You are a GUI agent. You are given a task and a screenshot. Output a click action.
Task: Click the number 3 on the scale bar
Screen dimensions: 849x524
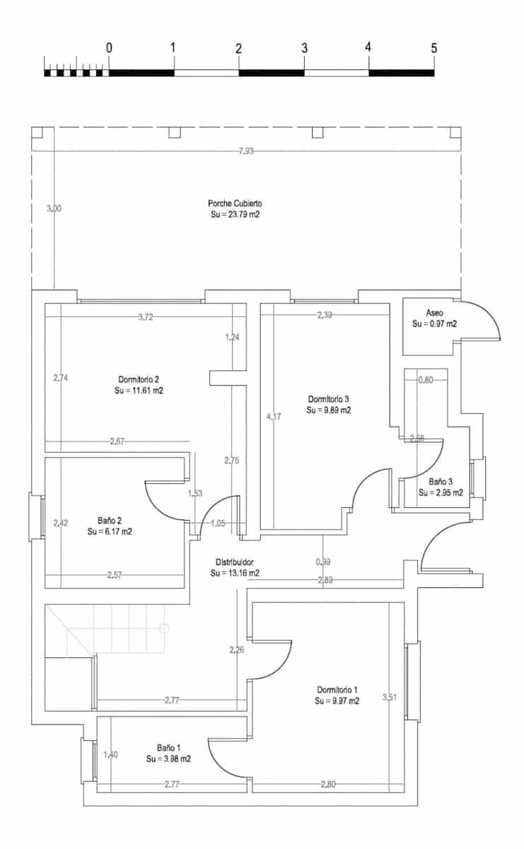coord(304,49)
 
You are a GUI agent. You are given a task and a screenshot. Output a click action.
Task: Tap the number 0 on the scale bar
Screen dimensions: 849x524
coord(109,49)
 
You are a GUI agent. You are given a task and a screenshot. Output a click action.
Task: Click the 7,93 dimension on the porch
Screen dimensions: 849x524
coord(245,151)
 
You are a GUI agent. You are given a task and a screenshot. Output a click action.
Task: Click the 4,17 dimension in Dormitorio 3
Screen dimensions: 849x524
coord(273,417)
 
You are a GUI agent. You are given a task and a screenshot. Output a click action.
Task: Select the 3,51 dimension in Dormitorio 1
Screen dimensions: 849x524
coord(390,698)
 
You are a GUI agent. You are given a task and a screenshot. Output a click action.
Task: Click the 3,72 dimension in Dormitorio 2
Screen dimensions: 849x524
coord(145,317)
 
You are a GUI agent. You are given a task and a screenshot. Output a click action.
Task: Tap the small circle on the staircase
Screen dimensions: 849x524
coord(164,627)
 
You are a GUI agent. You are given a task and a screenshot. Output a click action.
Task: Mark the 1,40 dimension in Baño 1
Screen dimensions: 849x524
coord(111,754)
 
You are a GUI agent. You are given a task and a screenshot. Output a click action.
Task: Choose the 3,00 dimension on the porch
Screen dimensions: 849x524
coord(54,208)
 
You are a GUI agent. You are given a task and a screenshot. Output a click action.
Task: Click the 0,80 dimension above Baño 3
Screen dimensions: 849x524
coord(426,379)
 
